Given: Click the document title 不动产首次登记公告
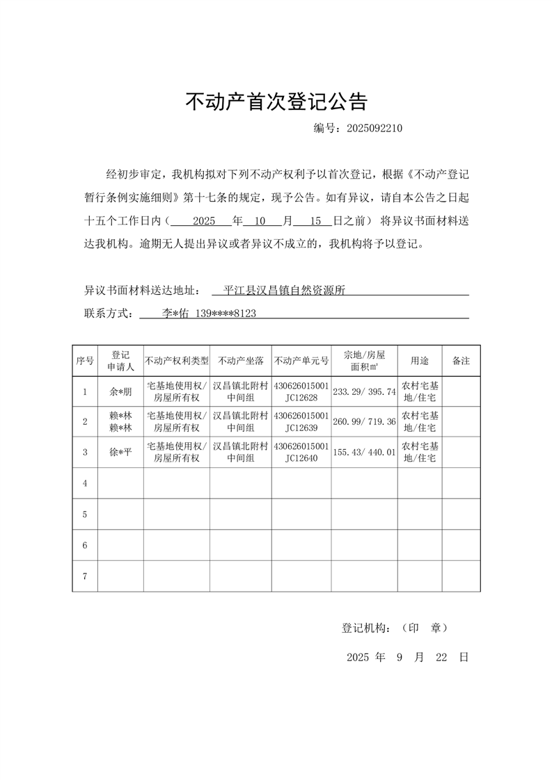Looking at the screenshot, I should [x=276, y=102].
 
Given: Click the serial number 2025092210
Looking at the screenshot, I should [x=374, y=129].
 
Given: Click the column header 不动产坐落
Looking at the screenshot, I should [x=240, y=361].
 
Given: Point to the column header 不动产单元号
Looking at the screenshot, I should [x=301, y=361].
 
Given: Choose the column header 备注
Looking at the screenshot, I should [x=461, y=361].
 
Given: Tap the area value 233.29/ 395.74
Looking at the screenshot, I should [x=364, y=392].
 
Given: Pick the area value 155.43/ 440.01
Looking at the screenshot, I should [x=364, y=453].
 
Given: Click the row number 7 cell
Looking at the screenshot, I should [x=85, y=576].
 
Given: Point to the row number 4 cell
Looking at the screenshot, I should [x=85, y=483].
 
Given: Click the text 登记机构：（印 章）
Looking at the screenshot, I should [x=395, y=628].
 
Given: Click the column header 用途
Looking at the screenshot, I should [x=420, y=361].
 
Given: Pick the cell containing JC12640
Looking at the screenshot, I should [x=301, y=458].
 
